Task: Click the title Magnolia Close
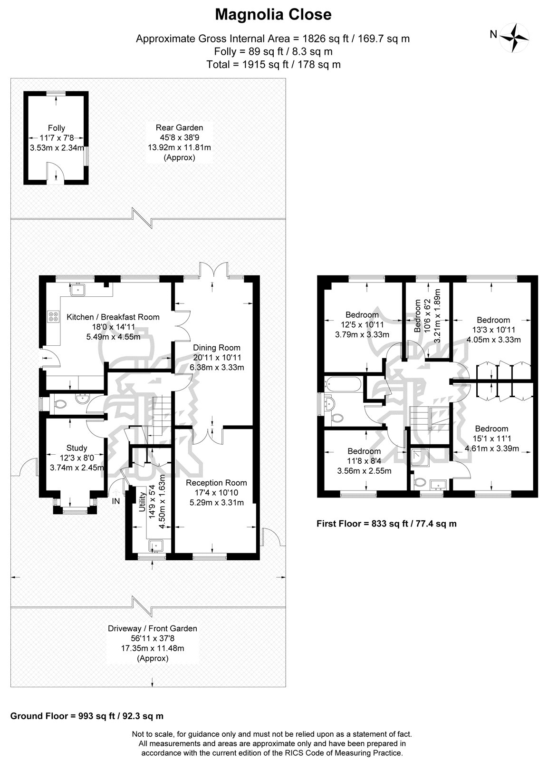[x=273, y=15]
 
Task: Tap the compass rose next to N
[x=515, y=38]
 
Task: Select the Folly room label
[x=57, y=128]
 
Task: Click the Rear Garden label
[x=179, y=128]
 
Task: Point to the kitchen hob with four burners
[x=53, y=316]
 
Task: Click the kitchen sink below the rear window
[x=78, y=289]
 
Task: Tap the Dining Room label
[x=217, y=348]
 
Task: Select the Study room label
[x=77, y=448]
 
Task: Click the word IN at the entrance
[x=116, y=501]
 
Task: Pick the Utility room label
[x=142, y=502]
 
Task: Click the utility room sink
[x=156, y=546]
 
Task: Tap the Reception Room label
[x=216, y=483]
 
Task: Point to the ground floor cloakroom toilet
[x=60, y=404]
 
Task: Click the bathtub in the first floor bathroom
[x=344, y=384]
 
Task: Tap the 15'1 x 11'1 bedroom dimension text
[x=492, y=439]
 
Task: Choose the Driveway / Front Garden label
[x=153, y=628]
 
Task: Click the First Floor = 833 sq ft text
[x=386, y=524]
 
